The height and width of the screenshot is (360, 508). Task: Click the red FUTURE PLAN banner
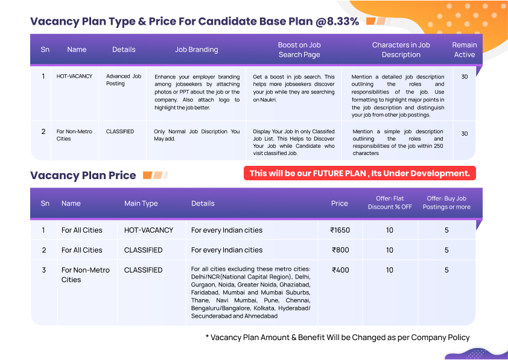pos(360,173)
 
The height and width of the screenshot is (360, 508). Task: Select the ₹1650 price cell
pos(340,230)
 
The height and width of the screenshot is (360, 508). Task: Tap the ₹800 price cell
pos(340,250)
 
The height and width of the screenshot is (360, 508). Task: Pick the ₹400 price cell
pos(340,270)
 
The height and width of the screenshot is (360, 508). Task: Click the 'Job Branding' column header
pos(197,49)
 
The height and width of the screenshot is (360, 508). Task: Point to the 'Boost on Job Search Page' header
pos(299,49)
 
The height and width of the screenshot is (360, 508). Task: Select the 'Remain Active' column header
pos(465,49)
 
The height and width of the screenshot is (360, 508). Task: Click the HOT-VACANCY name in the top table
pos(75,77)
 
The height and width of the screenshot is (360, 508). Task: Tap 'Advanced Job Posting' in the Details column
pos(124,80)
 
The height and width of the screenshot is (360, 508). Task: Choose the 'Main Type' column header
pos(141,203)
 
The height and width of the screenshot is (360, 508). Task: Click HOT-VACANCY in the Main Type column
pos(148,230)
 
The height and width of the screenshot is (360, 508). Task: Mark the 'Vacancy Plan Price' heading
pos(83,175)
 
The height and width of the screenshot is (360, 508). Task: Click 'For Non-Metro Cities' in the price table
pos(86,274)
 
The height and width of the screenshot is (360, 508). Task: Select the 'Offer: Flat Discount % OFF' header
pos(390,203)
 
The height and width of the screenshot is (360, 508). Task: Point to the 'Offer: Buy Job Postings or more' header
pos(446,203)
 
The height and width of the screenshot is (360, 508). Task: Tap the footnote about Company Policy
pos(337,337)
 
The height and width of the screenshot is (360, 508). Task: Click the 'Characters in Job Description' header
pos(401,49)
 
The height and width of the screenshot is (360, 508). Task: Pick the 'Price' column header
pos(340,203)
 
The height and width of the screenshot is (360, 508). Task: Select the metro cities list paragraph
pos(250,292)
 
